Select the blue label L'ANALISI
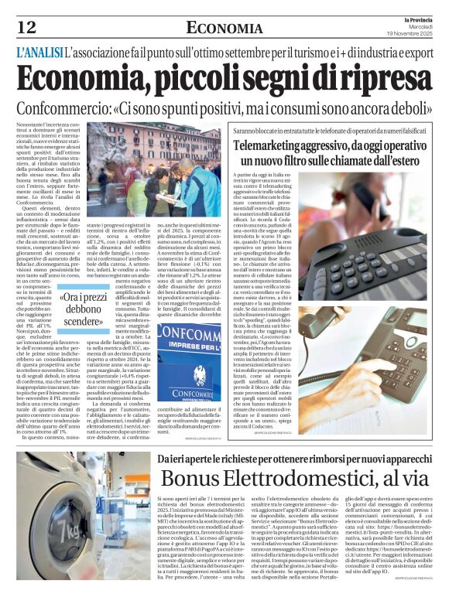[39, 55]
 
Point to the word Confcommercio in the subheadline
[76, 108]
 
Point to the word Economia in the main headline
[77, 80]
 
